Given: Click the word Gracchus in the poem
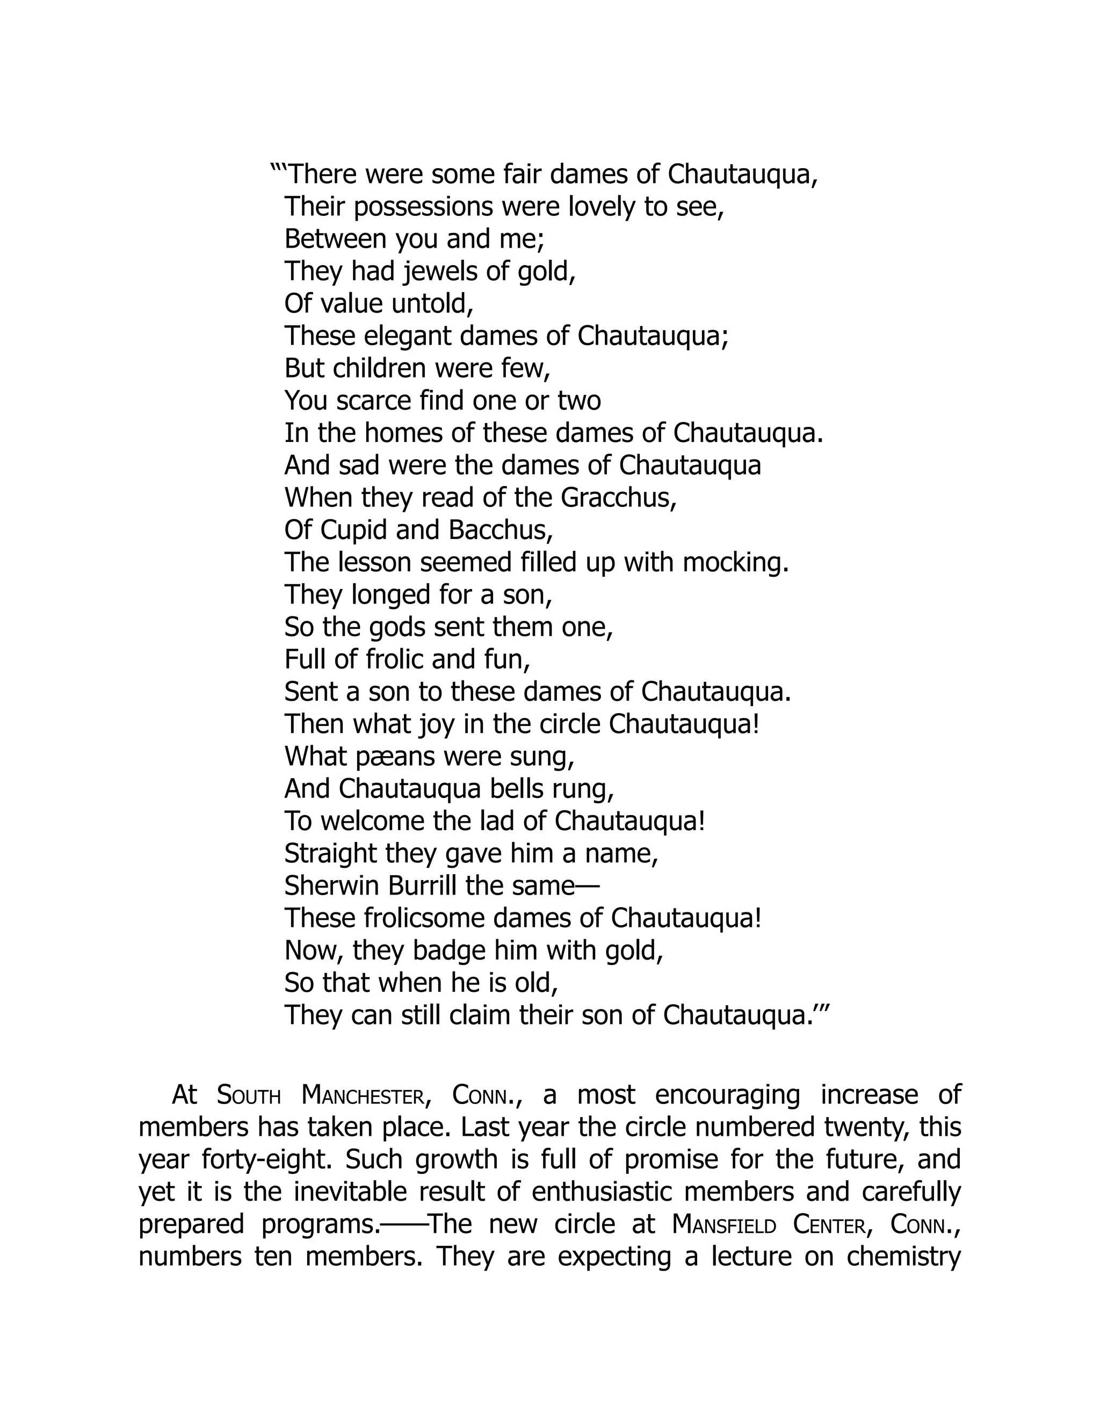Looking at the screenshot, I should pos(617,498).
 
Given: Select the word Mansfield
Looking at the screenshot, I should pos(723,1225).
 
